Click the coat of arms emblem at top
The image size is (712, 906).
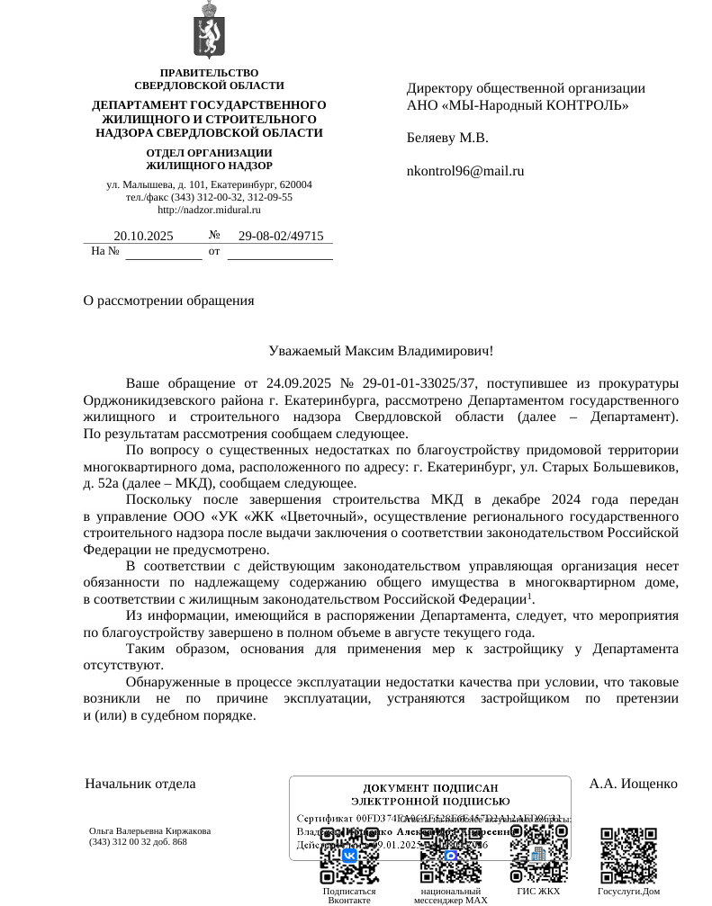[209, 31]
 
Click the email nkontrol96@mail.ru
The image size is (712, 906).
[465, 171]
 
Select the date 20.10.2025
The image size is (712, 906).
[143, 237]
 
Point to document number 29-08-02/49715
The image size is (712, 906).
[280, 237]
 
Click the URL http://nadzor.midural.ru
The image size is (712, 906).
[209, 210]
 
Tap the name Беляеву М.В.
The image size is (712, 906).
[447, 139]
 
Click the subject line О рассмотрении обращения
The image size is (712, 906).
[168, 301]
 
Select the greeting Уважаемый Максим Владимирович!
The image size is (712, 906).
[381, 351]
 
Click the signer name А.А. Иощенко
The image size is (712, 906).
[633, 784]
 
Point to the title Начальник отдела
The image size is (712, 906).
[140, 784]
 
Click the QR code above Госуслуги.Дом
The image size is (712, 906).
[628, 855]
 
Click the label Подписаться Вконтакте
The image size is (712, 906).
[349, 895]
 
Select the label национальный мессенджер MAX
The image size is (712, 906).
[450, 895]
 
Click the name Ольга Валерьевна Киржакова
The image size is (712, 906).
[149, 831]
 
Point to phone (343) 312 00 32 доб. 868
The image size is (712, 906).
[138, 842]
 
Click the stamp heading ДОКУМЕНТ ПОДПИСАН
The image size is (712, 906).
[430, 788]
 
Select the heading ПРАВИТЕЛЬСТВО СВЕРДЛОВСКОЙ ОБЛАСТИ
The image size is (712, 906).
[209, 79]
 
